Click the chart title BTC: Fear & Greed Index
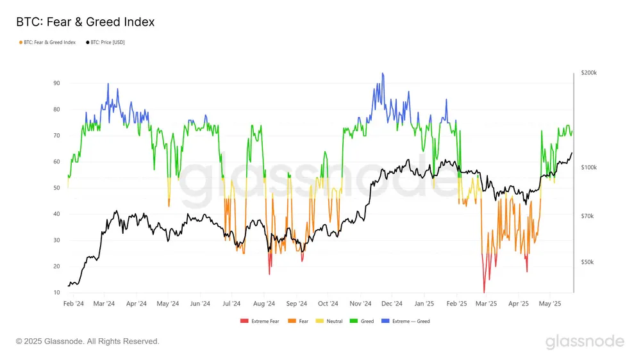85,22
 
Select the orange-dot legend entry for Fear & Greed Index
48,43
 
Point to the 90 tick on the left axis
57,83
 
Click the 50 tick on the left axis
57,188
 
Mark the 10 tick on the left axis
57,293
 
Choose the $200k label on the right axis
588,73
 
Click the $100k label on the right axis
588,168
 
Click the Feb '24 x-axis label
74,304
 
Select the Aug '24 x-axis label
264,304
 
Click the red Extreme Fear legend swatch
244,321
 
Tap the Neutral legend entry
331,321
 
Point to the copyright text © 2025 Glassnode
87,341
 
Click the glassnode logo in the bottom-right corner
585,341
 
